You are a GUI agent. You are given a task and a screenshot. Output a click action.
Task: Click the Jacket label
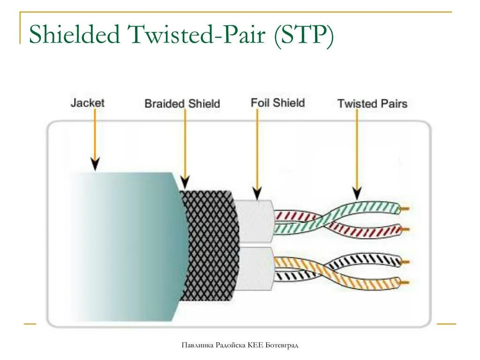pyautogui.click(x=87, y=102)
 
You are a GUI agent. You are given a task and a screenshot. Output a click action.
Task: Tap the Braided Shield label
pyautogui.click(x=182, y=104)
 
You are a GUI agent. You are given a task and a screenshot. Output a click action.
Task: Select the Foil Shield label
pyautogui.click(x=277, y=103)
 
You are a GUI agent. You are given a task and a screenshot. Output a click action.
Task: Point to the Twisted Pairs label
pyautogui.click(x=372, y=104)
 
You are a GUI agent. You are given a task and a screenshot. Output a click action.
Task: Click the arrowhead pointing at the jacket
pyautogui.click(x=95, y=164)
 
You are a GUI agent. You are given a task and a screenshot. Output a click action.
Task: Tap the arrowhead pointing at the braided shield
pyautogui.click(x=185, y=181)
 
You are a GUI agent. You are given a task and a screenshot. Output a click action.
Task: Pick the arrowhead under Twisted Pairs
pyautogui.click(x=357, y=192)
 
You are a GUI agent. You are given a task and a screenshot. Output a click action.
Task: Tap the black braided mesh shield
pyautogui.click(x=209, y=244)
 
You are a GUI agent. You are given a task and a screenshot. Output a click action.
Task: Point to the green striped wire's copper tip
pyautogui.click(x=406, y=208)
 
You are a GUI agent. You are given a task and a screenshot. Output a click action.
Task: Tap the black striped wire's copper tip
pyautogui.click(x=406, y=261)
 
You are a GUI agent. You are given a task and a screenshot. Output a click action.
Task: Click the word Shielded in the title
pyautogui.click(x=75, y=35)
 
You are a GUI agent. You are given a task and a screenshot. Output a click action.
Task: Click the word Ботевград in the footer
pyautogui.click(x=282, y=345)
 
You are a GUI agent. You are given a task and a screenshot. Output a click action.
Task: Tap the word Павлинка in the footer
pyautogui.click(x=197, y=345)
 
